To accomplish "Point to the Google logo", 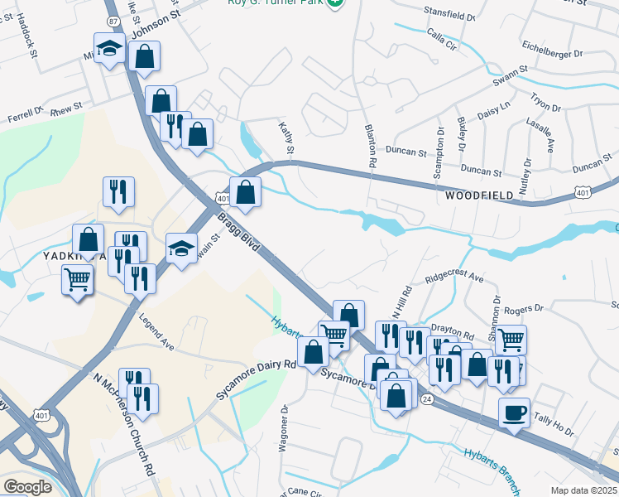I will pyautogui.click(x=27, y=486).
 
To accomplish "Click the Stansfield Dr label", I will pyautogui.click(x=448, y=17).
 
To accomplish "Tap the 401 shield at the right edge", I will pyautogui.click(x=583, y=192).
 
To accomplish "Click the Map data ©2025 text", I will pyautogui.click(x=583, y=490).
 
